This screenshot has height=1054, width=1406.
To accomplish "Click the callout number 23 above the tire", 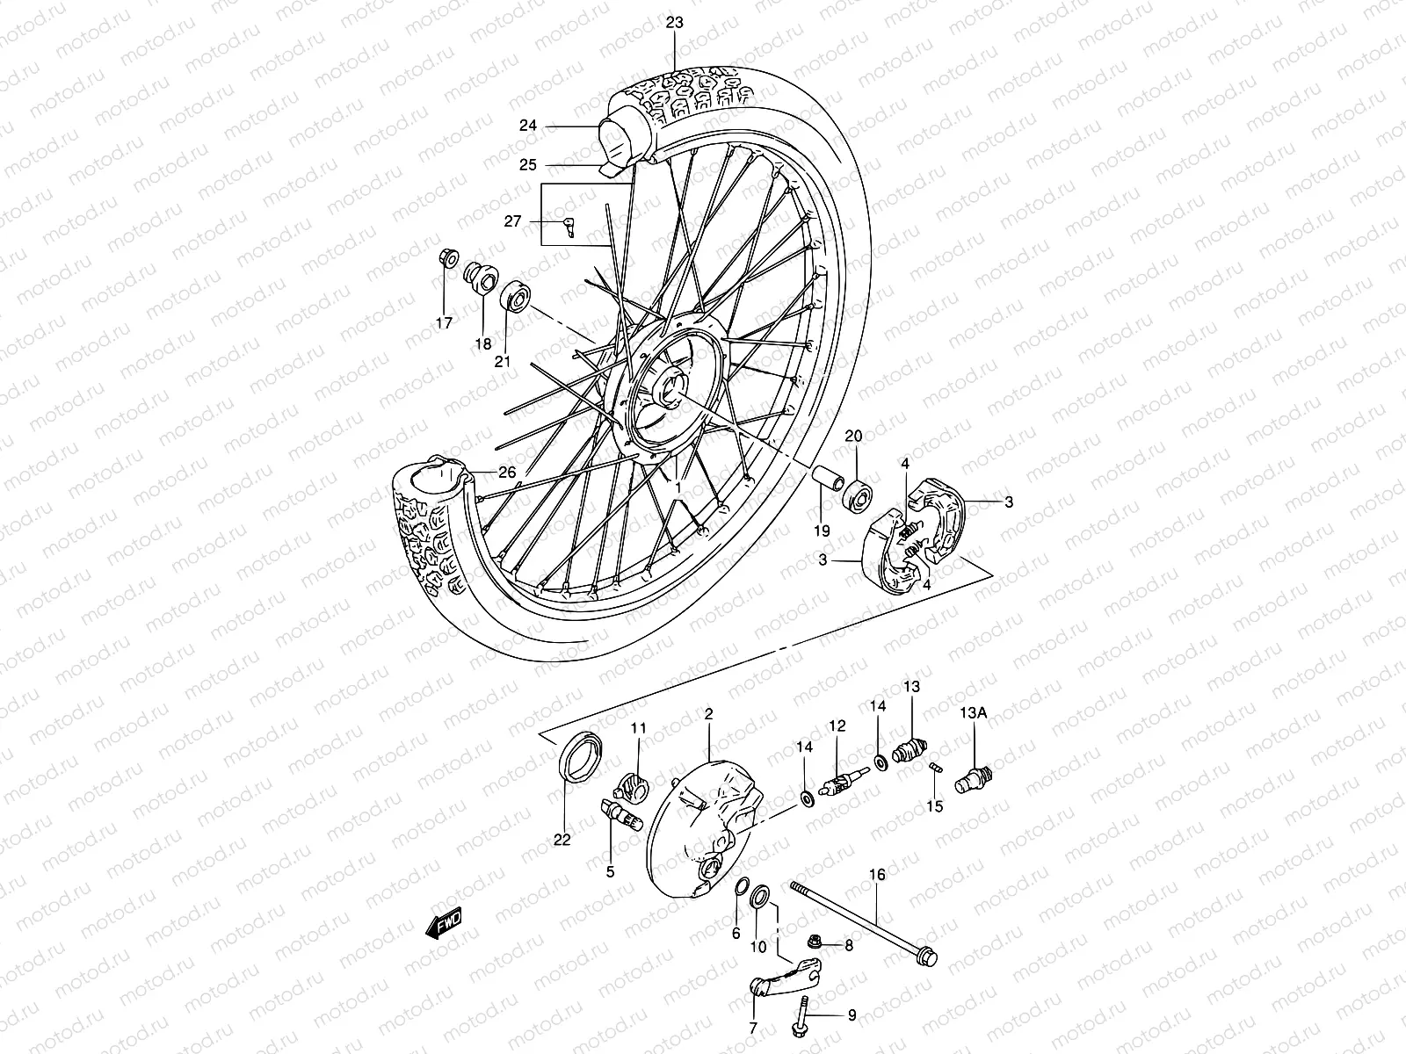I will tap(674, 23).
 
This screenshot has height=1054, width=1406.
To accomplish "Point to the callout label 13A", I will tap(978, 715).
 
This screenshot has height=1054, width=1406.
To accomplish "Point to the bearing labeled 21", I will tap(514, 297).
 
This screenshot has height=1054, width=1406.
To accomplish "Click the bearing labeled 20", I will tap(857, 494).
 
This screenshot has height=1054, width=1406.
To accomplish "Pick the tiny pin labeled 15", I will tap(934, 768).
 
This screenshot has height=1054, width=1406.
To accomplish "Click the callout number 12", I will tap(837, 726).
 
